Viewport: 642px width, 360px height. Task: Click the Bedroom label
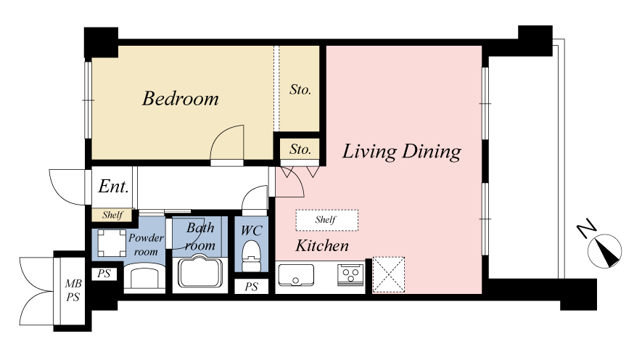click(180, 99)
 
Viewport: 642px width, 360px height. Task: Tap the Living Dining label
click(402, 152)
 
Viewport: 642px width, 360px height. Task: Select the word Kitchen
click(322, 246)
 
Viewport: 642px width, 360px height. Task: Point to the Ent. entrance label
click(113, 187)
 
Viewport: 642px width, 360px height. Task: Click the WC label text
click(251, 231)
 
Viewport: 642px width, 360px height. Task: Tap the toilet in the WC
click(251, 256)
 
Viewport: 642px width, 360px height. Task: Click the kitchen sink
click(296, 275)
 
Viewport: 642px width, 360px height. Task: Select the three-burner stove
click(350, 274)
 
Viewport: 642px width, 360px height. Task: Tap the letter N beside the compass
click(586, 229)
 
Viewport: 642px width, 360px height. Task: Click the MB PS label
click(73, 290)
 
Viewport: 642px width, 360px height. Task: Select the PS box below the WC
click(252, 287)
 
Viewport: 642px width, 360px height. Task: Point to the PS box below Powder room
click(104, 274)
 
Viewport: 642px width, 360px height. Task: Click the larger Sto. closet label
click(300, 90)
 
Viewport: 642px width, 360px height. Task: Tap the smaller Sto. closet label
click(300, 150)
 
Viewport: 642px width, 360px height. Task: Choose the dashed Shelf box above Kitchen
click(326, 220)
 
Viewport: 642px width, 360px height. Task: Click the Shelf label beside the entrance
click(112, 215)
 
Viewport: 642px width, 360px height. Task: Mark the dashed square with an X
click(389, 275)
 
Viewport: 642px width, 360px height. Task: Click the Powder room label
click(146, 245)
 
